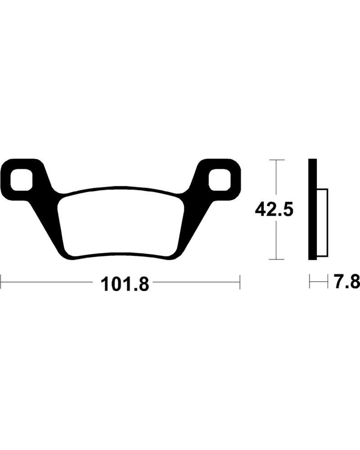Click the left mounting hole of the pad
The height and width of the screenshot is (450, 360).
(x=22, y=180)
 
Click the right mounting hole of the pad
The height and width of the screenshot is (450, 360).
(x=220, y=180)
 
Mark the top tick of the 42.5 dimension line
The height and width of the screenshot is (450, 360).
(x=277, y=160)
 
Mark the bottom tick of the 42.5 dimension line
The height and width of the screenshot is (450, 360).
(x=277, y=259)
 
